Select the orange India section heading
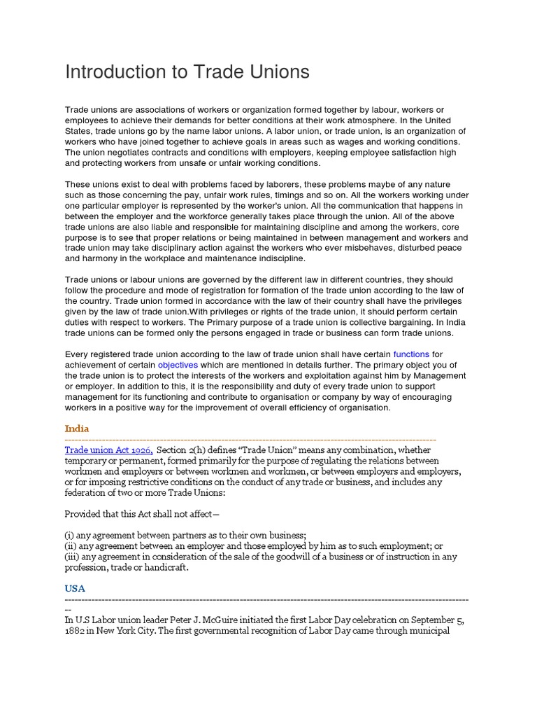[77, 428]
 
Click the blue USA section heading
[76, 589]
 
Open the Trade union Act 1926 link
[108, 450]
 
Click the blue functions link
[411, 355]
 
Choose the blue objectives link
[178, 366]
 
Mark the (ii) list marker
[72, 546]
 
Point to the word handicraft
[162, 567]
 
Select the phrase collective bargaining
[355, 322]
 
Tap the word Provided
[85, 514]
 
